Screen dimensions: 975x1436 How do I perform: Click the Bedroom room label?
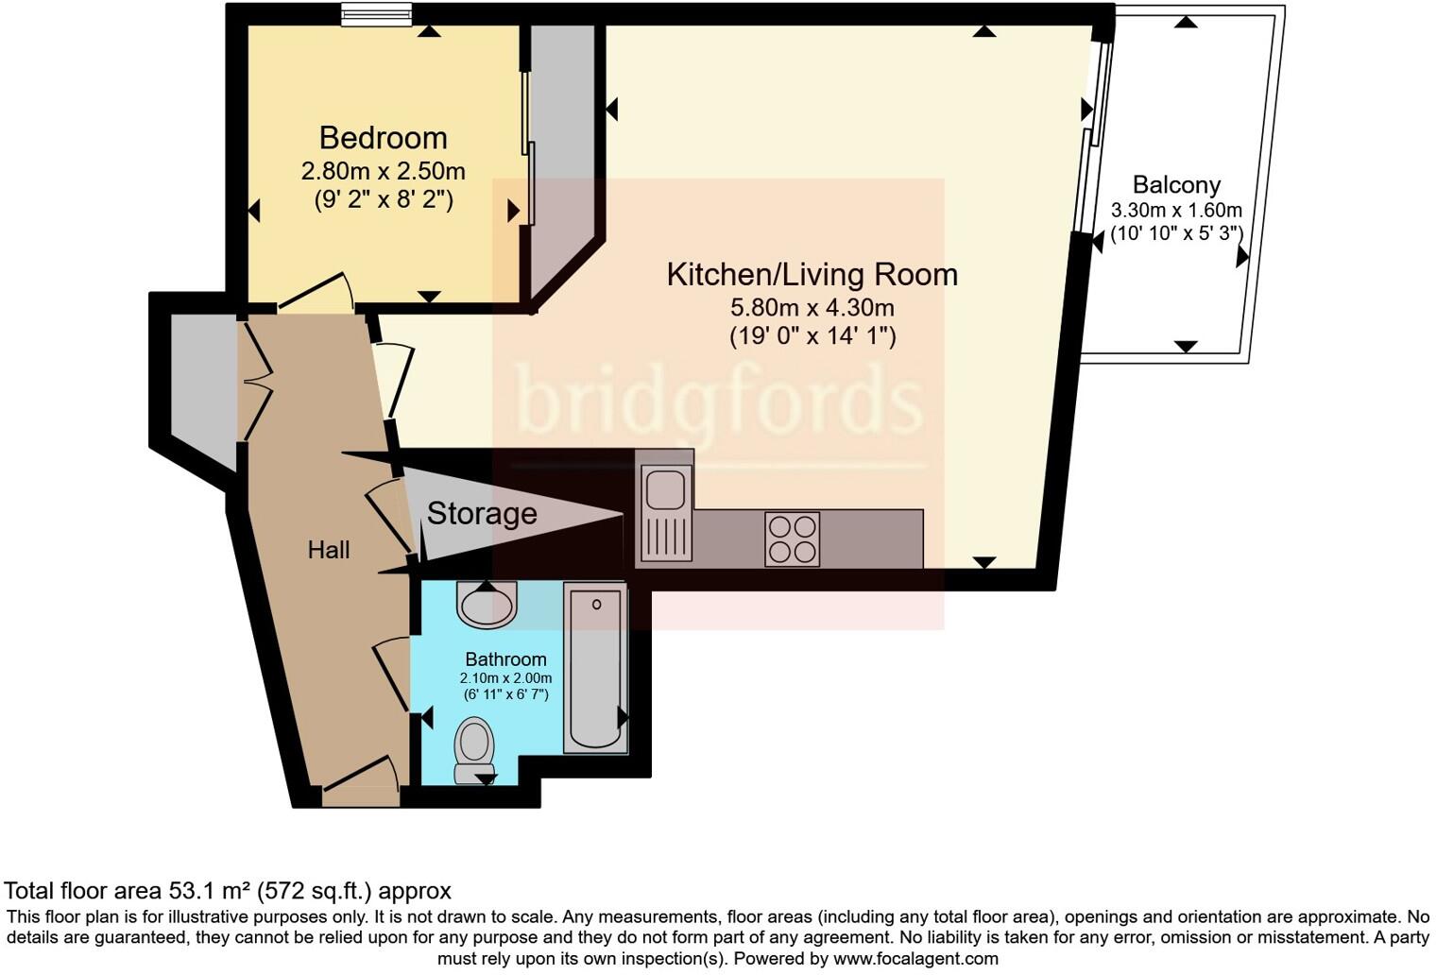pos(383,138)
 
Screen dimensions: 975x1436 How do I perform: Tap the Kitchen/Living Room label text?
pos(812,275)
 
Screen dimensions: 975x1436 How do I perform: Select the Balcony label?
pos(1176,185)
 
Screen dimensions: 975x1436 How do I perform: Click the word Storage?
pos(482,514)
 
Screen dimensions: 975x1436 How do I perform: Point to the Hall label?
pos(328,550)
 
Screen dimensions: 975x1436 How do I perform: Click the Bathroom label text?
pos(505,659)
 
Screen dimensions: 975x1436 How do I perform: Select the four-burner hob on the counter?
pos(792,539)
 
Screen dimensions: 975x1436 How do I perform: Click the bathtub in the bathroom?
pos(595,667)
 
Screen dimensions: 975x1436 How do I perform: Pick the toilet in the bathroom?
pos(474,748)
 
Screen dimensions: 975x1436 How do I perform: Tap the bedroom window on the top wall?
pos(376,14)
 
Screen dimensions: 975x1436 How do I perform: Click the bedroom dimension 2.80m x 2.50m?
pos(383,172)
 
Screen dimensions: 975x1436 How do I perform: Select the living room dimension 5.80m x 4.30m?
pos(812,308)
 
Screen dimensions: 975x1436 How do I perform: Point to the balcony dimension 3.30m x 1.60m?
pos(1176,211)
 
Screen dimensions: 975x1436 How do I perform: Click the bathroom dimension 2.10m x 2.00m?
pos(505,678)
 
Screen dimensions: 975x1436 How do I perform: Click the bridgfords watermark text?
pos(718,401)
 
